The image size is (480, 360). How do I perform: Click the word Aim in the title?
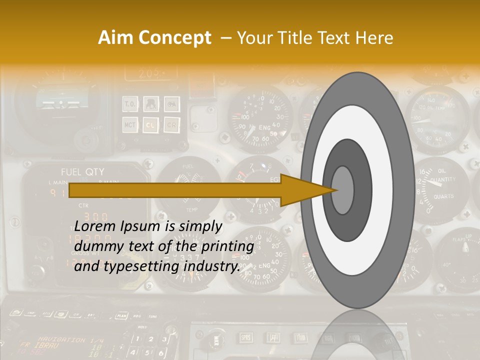[x=116, y=38]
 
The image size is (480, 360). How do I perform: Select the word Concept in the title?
[x=174, y=38]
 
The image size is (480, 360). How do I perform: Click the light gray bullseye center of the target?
[x=342, y=190]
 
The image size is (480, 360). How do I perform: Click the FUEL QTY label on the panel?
[x=82, y=172]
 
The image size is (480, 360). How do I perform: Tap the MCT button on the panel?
[x=130, y=124]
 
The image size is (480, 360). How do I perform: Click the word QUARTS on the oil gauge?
[x=443, y=196]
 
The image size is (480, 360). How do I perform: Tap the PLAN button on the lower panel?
[x=120, y=315]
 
